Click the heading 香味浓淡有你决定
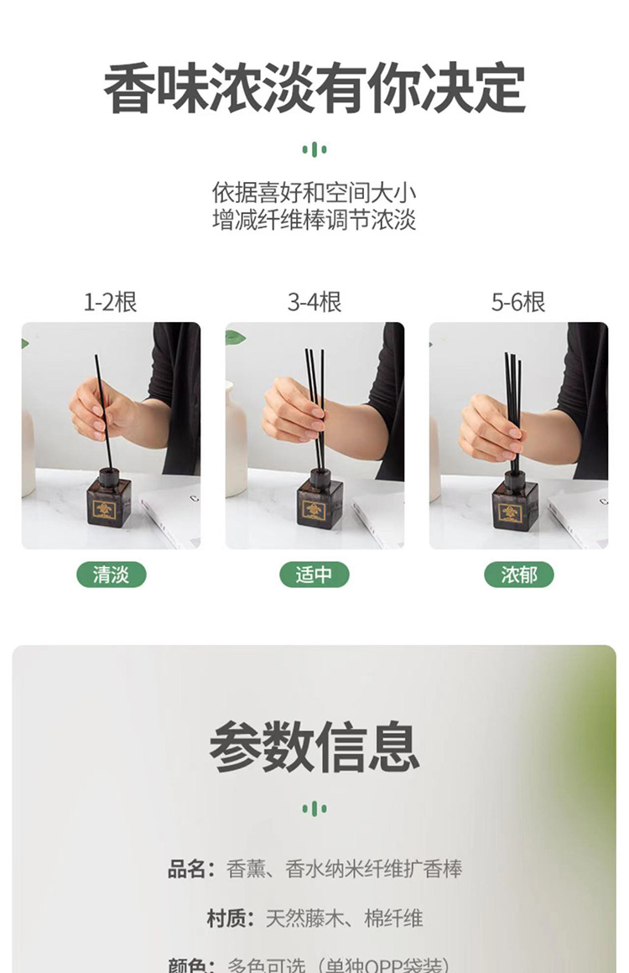click(314, 88)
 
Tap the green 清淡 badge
click(112, 575)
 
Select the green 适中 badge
click(314, 575)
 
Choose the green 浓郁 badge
click(519, 575)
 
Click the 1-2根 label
click(110, 302)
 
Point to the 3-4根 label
click(314, 302)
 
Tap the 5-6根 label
click(518, 302)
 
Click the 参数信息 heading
click(314, 747)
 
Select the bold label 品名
click(190, 869)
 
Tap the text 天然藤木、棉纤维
click(344, 918)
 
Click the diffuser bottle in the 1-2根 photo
click(109, 501)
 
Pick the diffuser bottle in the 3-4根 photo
click(319, 501)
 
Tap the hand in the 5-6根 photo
click(490, 428)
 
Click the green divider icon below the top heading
click(314, 150)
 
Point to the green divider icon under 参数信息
click(314, 809)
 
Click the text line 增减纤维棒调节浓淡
click(314, 221)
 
